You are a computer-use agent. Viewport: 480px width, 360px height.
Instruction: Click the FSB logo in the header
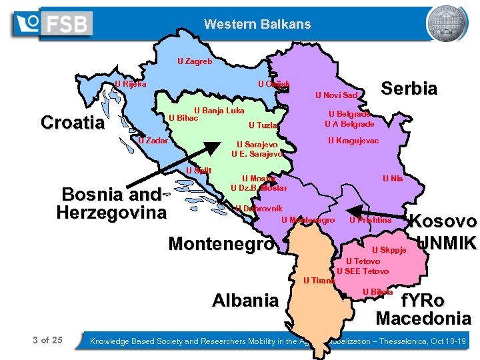pos(52,24)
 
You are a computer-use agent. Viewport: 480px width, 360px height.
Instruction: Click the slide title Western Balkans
pos(257,25)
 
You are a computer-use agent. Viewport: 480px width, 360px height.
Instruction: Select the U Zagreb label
pos(195,61)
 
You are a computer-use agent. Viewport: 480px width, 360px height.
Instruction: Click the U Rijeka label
pos(130,85)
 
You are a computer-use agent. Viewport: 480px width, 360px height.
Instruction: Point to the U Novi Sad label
pos(337,95)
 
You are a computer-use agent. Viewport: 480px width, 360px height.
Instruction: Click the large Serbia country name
pos(409,89)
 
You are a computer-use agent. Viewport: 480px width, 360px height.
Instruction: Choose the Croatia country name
pos(73,123)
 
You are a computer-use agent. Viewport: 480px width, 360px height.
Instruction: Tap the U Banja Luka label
pos(219,111)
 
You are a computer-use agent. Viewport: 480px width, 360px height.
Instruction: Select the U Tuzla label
pos(262,125)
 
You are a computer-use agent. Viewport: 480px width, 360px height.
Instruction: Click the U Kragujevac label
pos(353,141)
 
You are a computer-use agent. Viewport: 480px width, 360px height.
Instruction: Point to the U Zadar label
pos(153,141)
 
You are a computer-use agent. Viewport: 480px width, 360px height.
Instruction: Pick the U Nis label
pos(391,179)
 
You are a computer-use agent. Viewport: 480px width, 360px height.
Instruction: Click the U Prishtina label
pos(370,220)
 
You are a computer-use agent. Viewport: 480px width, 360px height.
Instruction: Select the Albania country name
pos(245,300)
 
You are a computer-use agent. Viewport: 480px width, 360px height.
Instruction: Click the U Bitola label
pos(377,292)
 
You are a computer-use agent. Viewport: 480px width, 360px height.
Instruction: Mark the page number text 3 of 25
pos(48,341)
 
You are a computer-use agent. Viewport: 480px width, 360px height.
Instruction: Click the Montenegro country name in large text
pos(221,244)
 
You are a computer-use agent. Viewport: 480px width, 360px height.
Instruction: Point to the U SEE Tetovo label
pos(363,271)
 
